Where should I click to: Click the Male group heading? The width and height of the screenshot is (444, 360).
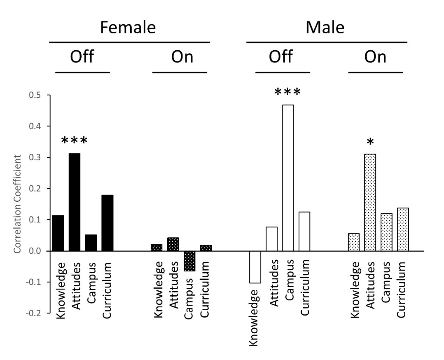click(x=325, y=28)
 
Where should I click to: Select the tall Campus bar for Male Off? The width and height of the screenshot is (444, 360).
click(x=288, y=178)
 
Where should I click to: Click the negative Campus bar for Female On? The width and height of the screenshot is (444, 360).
click(x=189, y=261)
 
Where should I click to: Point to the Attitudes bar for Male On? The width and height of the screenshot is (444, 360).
click(x=370, y=202)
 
